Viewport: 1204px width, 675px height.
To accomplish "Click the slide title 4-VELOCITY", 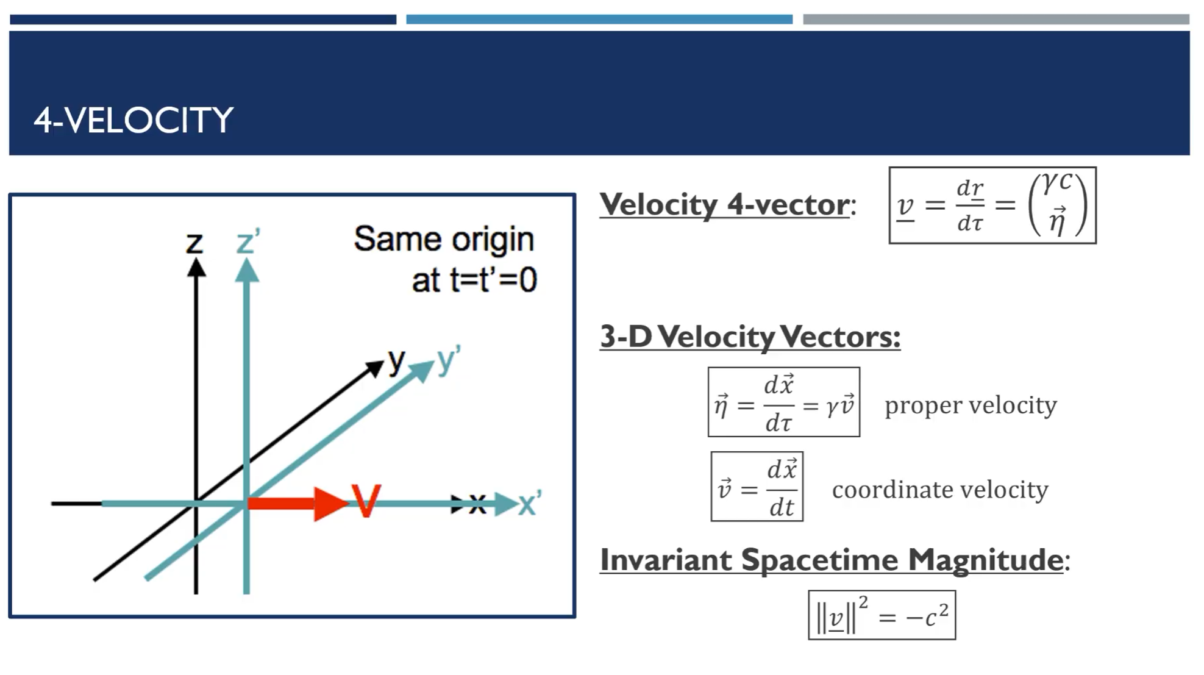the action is pos(134,120).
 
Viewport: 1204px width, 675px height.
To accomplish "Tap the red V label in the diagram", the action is pos(366,501).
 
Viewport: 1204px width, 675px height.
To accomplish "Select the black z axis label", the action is pos(194,244).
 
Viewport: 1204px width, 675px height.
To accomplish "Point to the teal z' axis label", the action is pos(248,241).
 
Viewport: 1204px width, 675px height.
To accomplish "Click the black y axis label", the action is pos(397,362).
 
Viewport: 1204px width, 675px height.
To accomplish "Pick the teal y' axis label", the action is pos(448,360).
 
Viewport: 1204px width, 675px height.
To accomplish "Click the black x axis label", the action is pos(477,504).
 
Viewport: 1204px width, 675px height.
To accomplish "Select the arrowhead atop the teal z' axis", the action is pos(247,270).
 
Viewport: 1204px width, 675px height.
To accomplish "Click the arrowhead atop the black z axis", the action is pos(196,268).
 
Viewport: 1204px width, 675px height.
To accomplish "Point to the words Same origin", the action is pos(444,240).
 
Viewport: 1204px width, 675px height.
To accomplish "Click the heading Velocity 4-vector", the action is pos(724,205).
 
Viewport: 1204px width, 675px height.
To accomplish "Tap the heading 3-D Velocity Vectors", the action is pos(750,337).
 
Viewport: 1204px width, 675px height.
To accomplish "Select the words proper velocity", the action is pos(971,405).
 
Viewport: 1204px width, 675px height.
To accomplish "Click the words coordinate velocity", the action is pos(940,490).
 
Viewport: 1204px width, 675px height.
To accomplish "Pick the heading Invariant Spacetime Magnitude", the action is pos(832,560).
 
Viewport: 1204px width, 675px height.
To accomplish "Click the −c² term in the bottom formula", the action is pos(927,616).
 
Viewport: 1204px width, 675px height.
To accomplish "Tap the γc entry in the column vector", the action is pos(1056,182).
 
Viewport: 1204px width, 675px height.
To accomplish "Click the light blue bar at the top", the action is pos(599,20).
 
